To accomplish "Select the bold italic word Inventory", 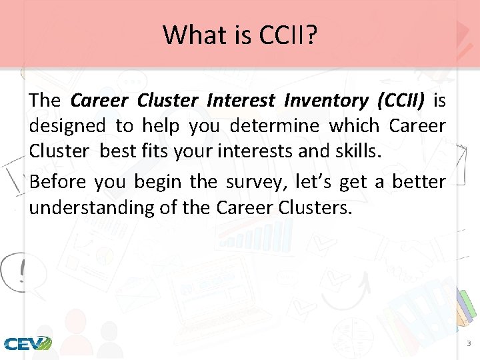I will [325, 101].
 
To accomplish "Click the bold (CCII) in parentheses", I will [401, 101].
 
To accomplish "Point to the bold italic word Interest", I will [241, 101].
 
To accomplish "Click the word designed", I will [67, 126].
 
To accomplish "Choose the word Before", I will [57, 181].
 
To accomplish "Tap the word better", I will [419, 181].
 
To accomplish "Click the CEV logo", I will [27, 344].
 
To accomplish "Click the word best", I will [118, 151].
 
